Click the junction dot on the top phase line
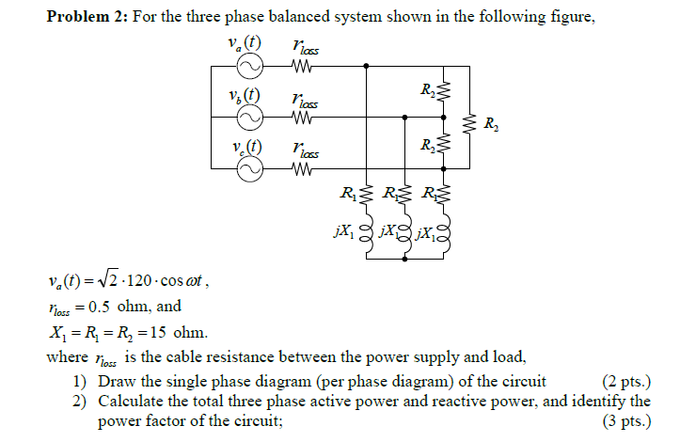pyautogui.click(x=366, y=67)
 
